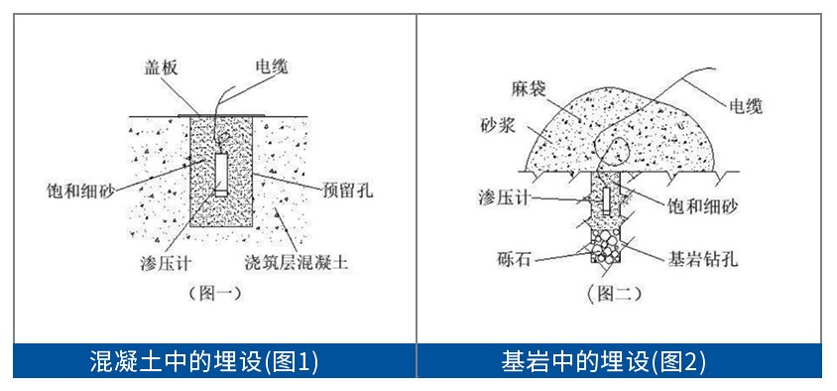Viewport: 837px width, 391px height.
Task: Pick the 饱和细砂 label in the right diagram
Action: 701,205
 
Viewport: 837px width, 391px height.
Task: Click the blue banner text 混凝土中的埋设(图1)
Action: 204,361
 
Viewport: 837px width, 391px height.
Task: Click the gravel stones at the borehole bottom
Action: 606,244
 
